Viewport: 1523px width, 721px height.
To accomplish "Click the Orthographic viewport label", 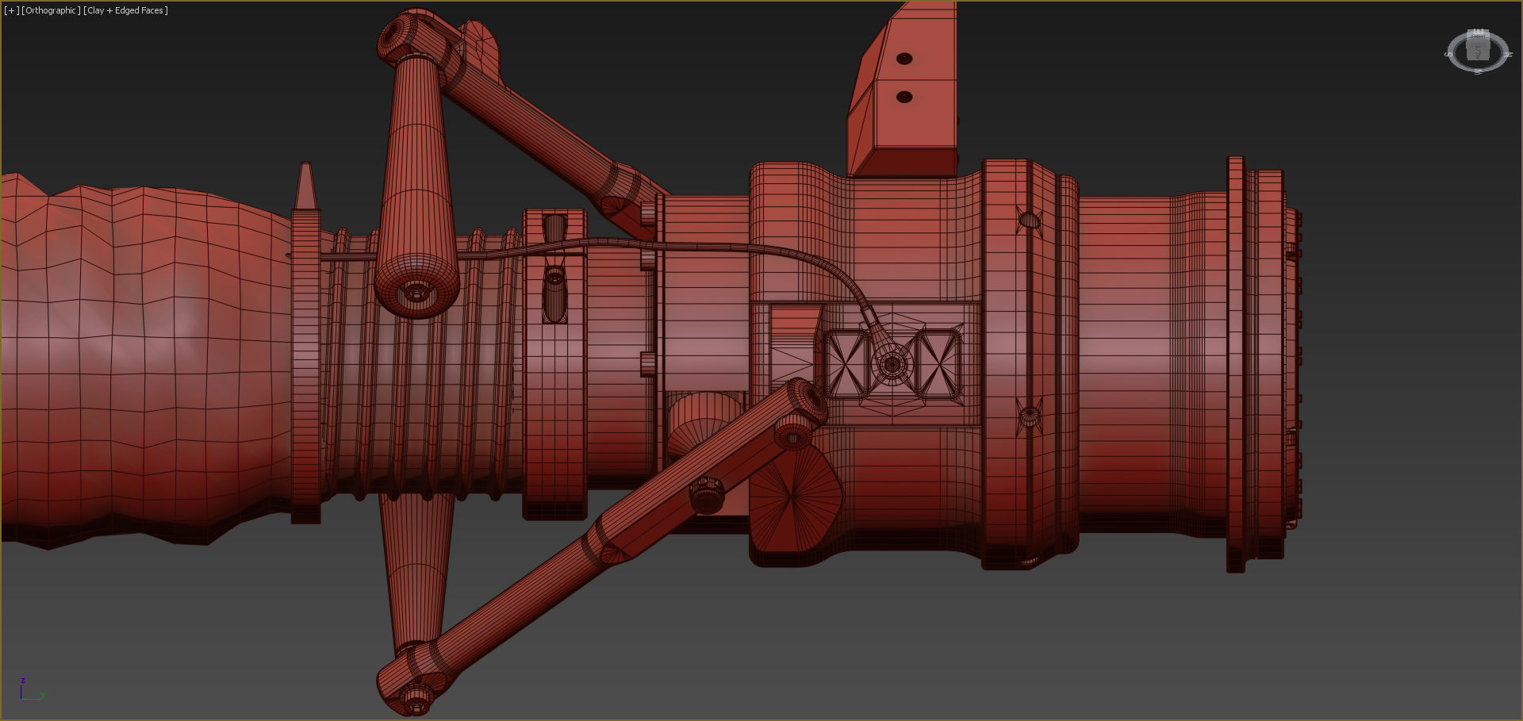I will coord(52,10).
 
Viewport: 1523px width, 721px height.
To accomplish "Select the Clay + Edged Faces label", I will coord(125,10).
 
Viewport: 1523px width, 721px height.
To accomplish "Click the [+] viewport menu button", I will coord(12,10).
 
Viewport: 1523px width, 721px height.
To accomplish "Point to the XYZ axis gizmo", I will coord(30,690).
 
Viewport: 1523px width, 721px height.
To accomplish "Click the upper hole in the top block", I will coord(903,59).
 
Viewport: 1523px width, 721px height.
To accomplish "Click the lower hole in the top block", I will coord(903,97).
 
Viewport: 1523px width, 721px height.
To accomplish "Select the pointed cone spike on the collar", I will coord(305,186).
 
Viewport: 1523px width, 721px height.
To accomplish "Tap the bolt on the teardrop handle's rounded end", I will coord(416,293).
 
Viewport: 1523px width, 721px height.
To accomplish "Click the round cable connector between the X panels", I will coord(892,364).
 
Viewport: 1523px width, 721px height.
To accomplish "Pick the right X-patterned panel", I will coord(938,363).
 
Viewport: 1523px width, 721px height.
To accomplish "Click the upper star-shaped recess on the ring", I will coord(1029,220).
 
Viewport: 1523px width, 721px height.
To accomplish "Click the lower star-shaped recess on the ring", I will coord(1029,414).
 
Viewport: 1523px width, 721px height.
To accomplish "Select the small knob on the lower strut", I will coord(706,493).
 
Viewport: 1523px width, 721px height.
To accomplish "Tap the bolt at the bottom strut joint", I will coord(414,698).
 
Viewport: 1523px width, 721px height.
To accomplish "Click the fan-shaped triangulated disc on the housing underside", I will coord(793,498).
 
